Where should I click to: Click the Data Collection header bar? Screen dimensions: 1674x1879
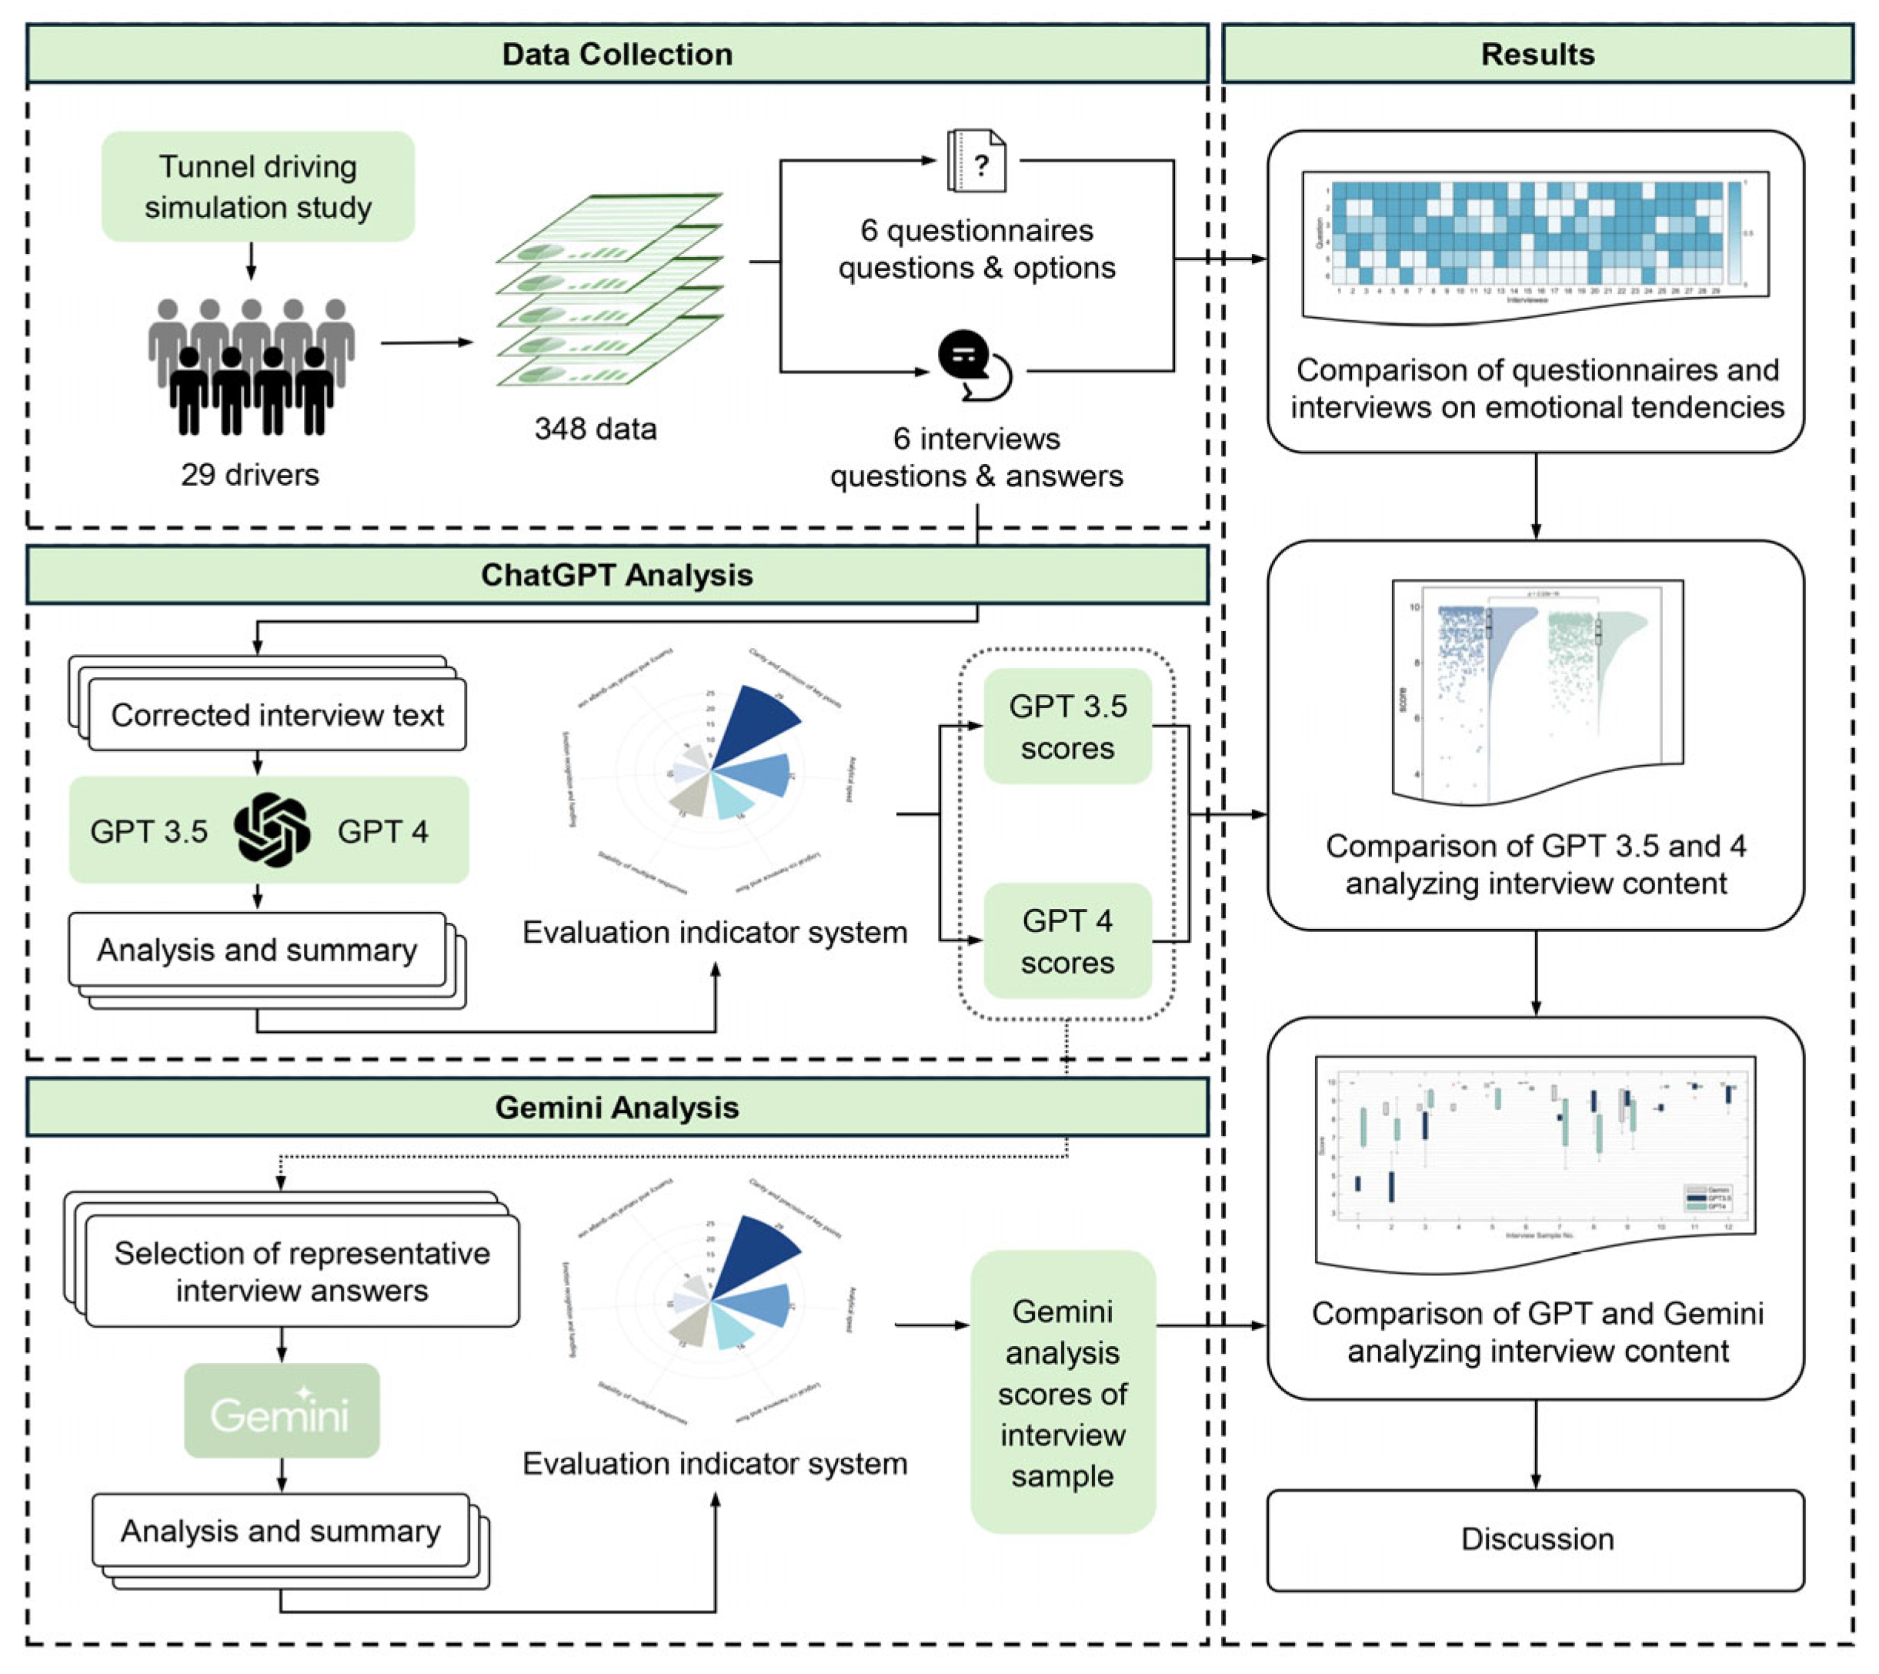[616, 55]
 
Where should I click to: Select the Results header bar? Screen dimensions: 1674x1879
[1537, 55]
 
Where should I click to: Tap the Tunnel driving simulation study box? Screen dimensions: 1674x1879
[258, 187]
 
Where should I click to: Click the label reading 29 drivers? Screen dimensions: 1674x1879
[249, 475]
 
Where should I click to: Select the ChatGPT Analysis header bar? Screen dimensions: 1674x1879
[616, 575]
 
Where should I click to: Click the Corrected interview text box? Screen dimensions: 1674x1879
[277, 715]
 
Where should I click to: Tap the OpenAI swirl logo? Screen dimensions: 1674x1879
[272, 830]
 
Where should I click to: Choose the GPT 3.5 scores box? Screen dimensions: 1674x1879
[1067, 727]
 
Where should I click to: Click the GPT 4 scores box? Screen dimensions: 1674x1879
[1067, 941]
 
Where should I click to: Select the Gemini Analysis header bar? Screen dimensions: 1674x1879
[616, 1108]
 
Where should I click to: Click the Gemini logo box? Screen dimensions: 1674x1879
[282, 1411]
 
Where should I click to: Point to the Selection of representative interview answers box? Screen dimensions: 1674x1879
[302, 1271]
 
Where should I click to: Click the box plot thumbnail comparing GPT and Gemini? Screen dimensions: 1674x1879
[1534, 1154]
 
